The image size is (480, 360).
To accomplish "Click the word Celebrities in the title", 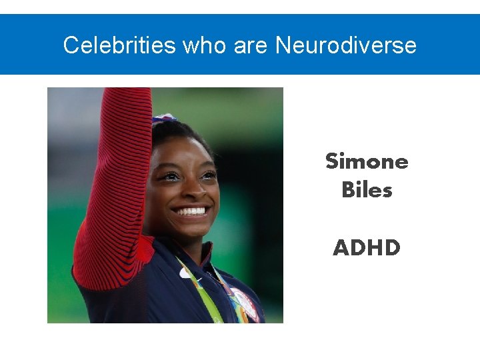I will [119, 45].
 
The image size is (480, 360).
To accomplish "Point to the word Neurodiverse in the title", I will [346, 45].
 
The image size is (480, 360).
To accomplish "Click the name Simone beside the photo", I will [367, 161].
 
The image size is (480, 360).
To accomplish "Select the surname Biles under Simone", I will [367, 190].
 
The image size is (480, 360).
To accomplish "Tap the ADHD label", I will [367, 248].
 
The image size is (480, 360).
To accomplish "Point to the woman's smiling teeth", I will [191, 211].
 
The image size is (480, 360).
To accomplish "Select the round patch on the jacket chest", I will [245, 303].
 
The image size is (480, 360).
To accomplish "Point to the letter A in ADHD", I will [341, 248].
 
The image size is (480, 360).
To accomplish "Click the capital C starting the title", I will [69, 45].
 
